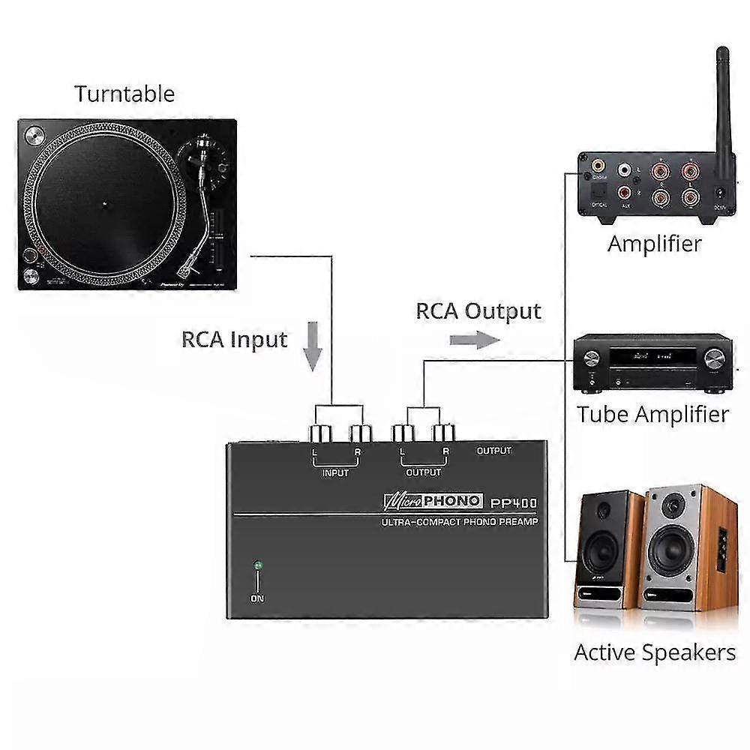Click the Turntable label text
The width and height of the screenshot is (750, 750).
(124, 94)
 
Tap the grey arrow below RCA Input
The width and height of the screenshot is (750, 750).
(312, 346)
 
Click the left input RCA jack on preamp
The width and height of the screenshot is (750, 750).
(316, 433)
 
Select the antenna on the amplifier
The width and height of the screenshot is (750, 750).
(722, 105)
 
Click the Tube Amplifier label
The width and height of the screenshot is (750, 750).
(652, 414)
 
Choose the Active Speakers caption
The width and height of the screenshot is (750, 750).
(655, 652)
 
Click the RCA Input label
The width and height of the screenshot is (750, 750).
(234, 339)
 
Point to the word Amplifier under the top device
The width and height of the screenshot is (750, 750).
(655, 244)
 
